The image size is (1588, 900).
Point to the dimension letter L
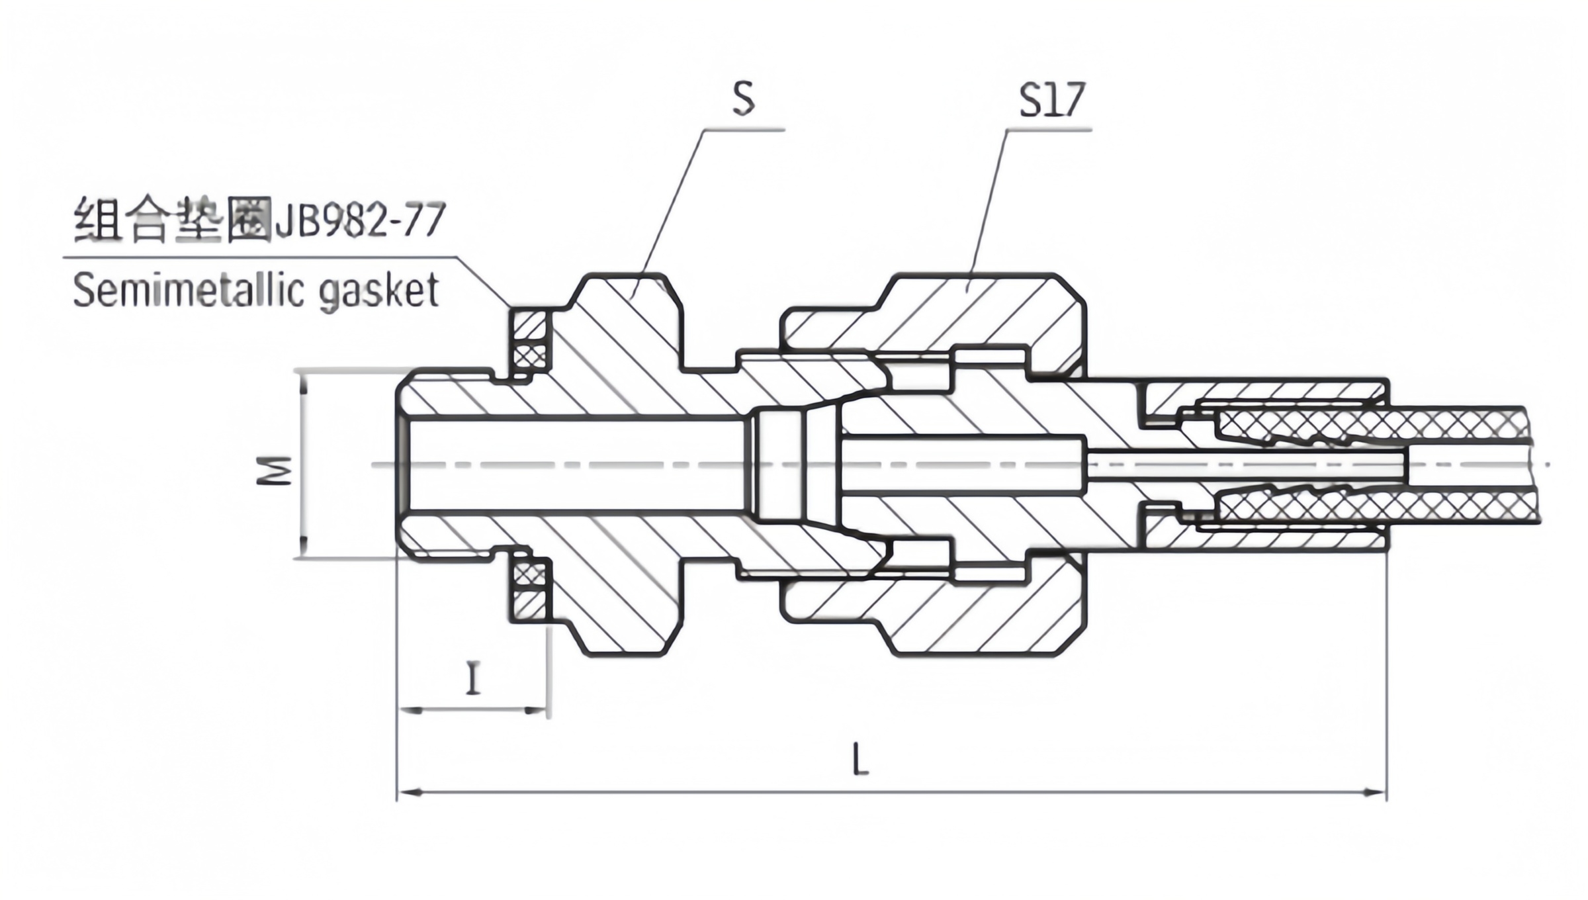coord(860,759)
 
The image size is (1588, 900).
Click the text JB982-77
coord(359,220)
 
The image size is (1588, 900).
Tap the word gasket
coord(379,291)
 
